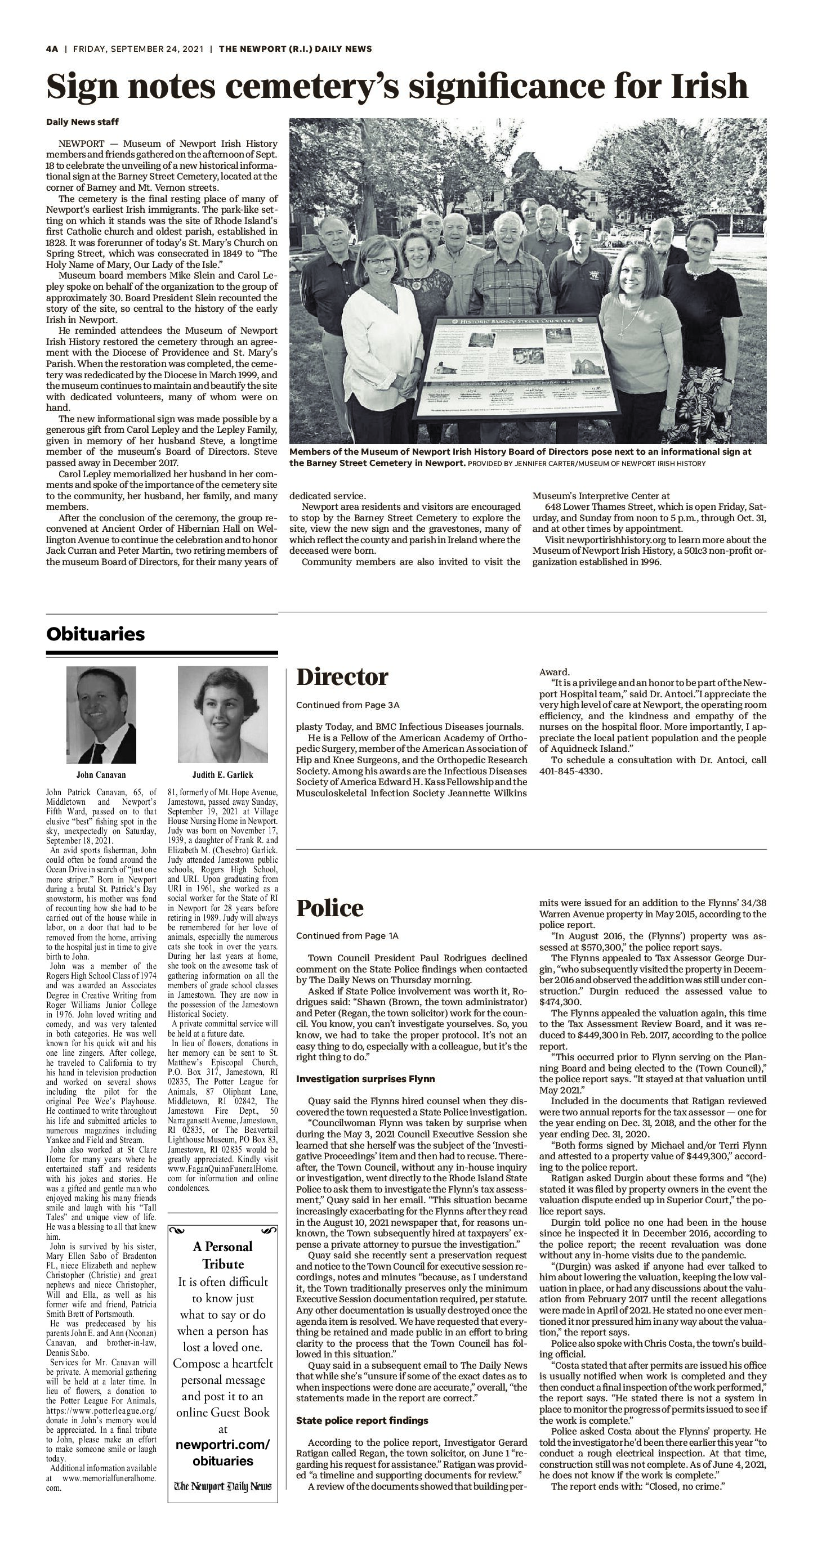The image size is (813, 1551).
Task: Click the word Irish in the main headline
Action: [709, 86]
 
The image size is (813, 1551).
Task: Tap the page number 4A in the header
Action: [52, 49]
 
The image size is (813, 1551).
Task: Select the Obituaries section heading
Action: [95, 634]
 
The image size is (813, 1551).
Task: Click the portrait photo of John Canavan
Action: [101, 715]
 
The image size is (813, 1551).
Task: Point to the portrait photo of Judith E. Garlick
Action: [223, 715]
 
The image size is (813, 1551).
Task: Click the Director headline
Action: [342, 678]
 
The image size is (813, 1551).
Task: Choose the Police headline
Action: [330, 908]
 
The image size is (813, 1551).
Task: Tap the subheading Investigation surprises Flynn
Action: [365, 1079]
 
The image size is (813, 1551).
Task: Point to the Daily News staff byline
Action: [83, 122]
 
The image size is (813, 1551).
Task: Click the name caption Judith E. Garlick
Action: [223, 775]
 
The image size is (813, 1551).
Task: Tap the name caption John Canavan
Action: [101, 775]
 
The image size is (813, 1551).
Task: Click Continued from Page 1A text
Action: [347, 936]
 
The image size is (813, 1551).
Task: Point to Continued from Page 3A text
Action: [348, 705]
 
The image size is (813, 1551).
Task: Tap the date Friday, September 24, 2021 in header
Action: [139, 49]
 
